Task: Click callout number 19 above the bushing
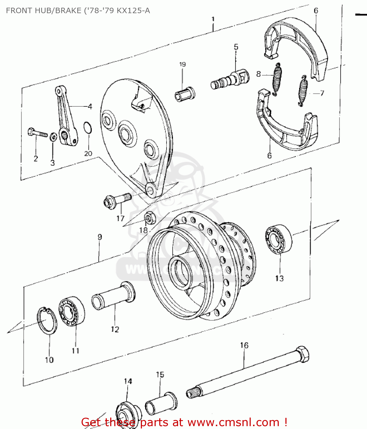click(x=182, y=65)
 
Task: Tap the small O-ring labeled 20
click(x=88, y=128)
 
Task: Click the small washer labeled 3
click(x=53, y=137)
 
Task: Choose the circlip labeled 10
click(x=47, y=321)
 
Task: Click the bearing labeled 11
click(x=71, y=312)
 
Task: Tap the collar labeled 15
click(x=161, y=404)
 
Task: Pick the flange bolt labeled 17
click(x=116, y=200)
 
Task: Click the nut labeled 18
click(x=150, y=218)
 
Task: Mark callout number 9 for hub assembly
click(x=100, y=237)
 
